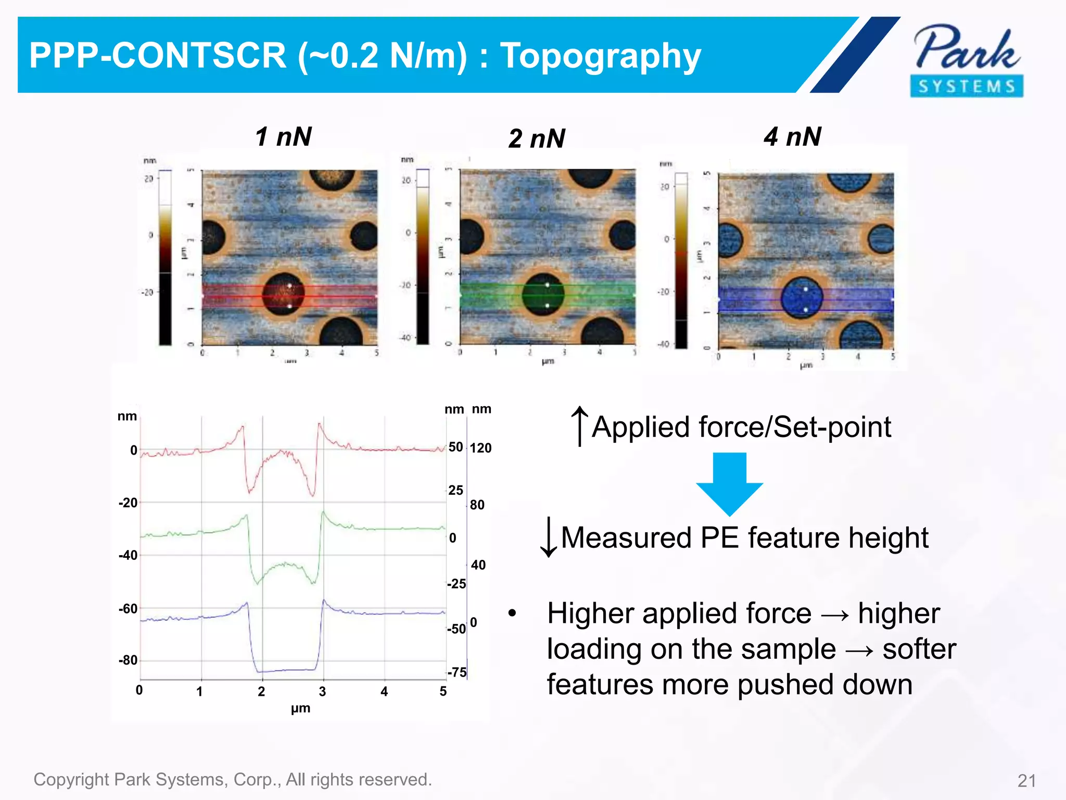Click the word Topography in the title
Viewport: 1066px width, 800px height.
pos(600,56)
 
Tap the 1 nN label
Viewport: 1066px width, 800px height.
pos(283,137)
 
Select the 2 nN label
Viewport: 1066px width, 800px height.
pos(537,139)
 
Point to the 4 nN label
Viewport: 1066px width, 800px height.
pos(792,137)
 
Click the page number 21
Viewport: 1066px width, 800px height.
pos(1026,781)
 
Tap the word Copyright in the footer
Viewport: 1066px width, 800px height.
pos(71,779)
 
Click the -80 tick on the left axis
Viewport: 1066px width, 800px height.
pos(128,660)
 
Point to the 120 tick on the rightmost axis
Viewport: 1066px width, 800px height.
pos(480,448)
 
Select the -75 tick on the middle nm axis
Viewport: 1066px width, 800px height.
pos(456,672)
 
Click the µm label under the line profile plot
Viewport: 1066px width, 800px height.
pos(300,708)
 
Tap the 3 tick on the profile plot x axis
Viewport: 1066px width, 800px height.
pos(322,692)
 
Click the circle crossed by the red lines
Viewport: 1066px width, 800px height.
pos(284,295)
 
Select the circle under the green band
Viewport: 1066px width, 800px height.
pos(543,295)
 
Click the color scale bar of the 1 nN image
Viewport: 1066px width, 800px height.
pos(165,258)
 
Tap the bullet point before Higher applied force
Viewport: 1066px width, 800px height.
pos(512,614)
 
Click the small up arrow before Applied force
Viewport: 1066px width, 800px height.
pos(579,426)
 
